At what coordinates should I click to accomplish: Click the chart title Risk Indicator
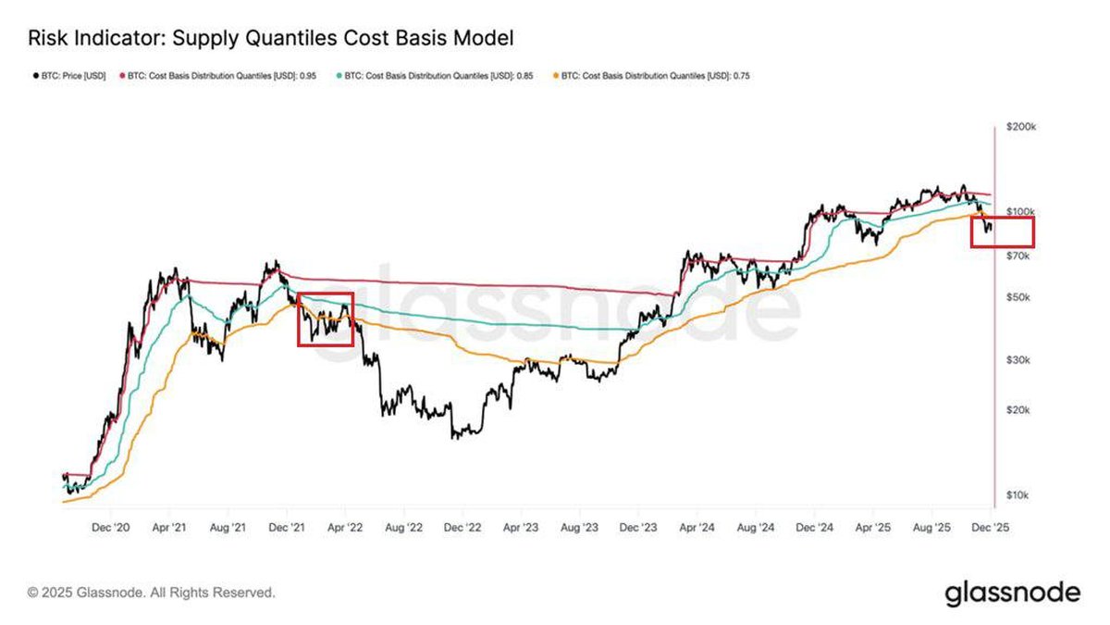270,38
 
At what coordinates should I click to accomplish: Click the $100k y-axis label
1020,212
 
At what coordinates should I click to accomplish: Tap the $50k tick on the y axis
1018,297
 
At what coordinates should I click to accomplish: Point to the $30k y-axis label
1018,360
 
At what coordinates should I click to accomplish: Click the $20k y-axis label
1018,410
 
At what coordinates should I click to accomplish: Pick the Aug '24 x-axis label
756,526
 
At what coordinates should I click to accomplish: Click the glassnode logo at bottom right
1012,593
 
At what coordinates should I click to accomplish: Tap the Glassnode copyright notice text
151,592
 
